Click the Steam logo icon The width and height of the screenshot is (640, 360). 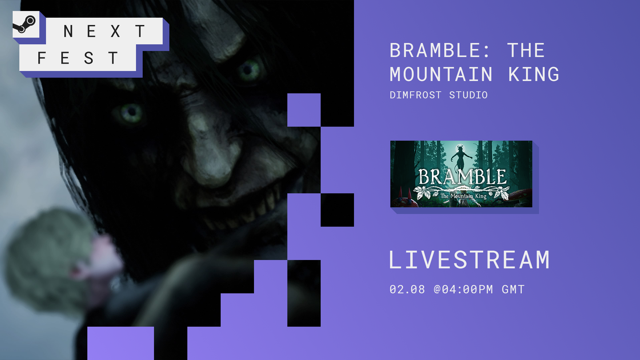click(x=25, y=24)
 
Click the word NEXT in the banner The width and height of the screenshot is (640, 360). click(x=104, y=31)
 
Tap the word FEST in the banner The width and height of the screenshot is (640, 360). click(x=78, y=58)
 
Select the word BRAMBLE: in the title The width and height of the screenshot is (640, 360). click(x=440, y=50)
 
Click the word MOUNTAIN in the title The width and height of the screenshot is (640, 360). click(x=441, y=74)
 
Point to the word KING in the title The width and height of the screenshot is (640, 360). click(x=534, y=74)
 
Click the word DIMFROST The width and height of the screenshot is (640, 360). click(x=415, y=95)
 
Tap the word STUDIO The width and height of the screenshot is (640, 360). click(x=468, y=95)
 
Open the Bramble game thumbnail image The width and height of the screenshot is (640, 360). click(x=461, y=174)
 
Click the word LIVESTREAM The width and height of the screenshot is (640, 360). click(x=469, y=260)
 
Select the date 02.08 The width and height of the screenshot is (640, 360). click(x=407, y=289)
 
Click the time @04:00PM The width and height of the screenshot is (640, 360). click(x=463, y=289)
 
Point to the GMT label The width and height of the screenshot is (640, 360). click(x=513, y=289)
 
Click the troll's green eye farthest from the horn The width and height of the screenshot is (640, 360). click(x=131, y=113)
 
